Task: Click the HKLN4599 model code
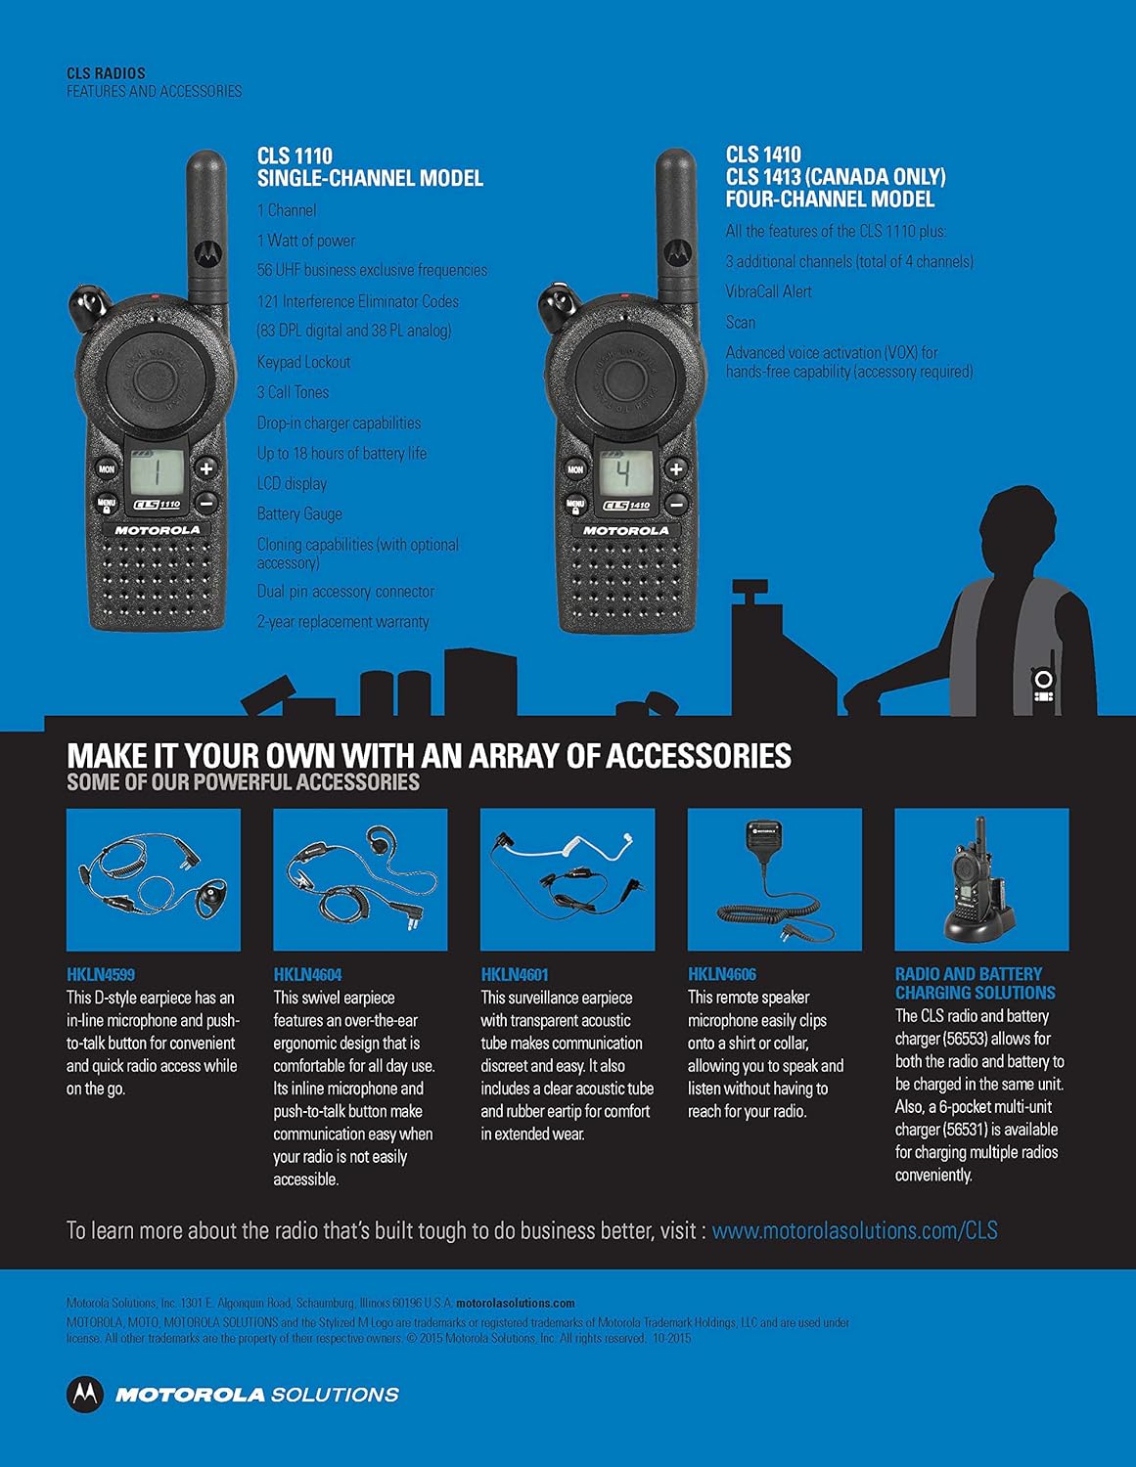pos(101,974)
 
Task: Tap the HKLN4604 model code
pos(307,974)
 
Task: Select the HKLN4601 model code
pos(515,974)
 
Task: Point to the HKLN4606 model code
pos(722,974)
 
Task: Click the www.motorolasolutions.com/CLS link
pos(854,1230)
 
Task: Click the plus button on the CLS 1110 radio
pos(206,468)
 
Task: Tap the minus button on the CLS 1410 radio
pos(676,504)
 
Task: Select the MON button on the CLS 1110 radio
pos(107,469)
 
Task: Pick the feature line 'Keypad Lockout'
pos(303,362)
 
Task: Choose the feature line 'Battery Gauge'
pos(299,513)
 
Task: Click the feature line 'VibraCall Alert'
pos(768,291)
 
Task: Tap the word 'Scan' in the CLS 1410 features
pos(740,322)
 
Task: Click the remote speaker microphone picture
pos(774,878)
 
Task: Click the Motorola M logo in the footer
pos(85,1395)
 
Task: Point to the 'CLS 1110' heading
pos(295,156)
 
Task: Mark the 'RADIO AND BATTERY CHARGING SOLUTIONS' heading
pos(975,983)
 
